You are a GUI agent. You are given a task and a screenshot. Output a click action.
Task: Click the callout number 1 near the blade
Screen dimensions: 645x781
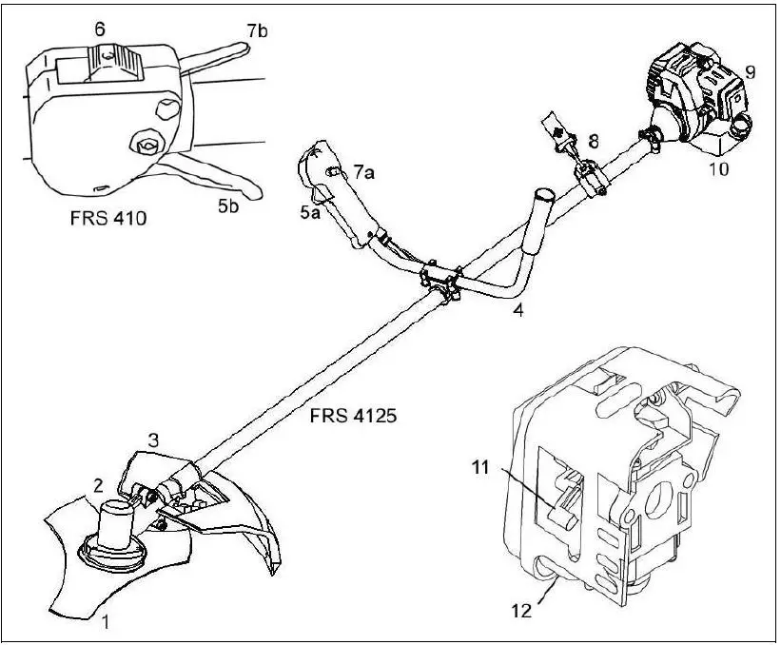tap(106, 623)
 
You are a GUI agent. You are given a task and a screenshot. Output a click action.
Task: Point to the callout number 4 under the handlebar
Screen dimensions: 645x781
tap(518, 309)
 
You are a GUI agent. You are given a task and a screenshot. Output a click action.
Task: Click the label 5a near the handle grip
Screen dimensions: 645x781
tap(310, 213)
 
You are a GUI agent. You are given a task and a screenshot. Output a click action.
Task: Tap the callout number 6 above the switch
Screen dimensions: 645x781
tap(99, 29)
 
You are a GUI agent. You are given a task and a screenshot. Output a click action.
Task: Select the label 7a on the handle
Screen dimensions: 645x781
tap(363, 171)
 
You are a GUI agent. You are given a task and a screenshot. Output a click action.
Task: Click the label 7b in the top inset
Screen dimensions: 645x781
tap(256, 31)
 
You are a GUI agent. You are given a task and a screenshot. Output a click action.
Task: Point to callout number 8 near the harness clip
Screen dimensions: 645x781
tap(593, 141)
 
